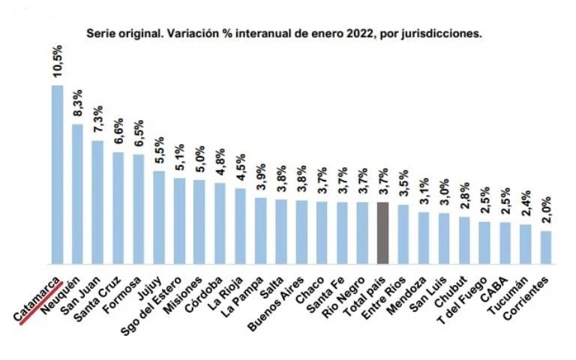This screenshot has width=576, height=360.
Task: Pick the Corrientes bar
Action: pos(545,247)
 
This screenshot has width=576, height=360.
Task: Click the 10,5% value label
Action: pos(57,62)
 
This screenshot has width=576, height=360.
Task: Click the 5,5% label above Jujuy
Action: pos(159,151)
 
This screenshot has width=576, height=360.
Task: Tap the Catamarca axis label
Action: pos(37,297)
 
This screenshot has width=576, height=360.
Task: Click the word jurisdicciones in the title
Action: pos(439,34)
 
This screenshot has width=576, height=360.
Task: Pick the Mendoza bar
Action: pos(424,238)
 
